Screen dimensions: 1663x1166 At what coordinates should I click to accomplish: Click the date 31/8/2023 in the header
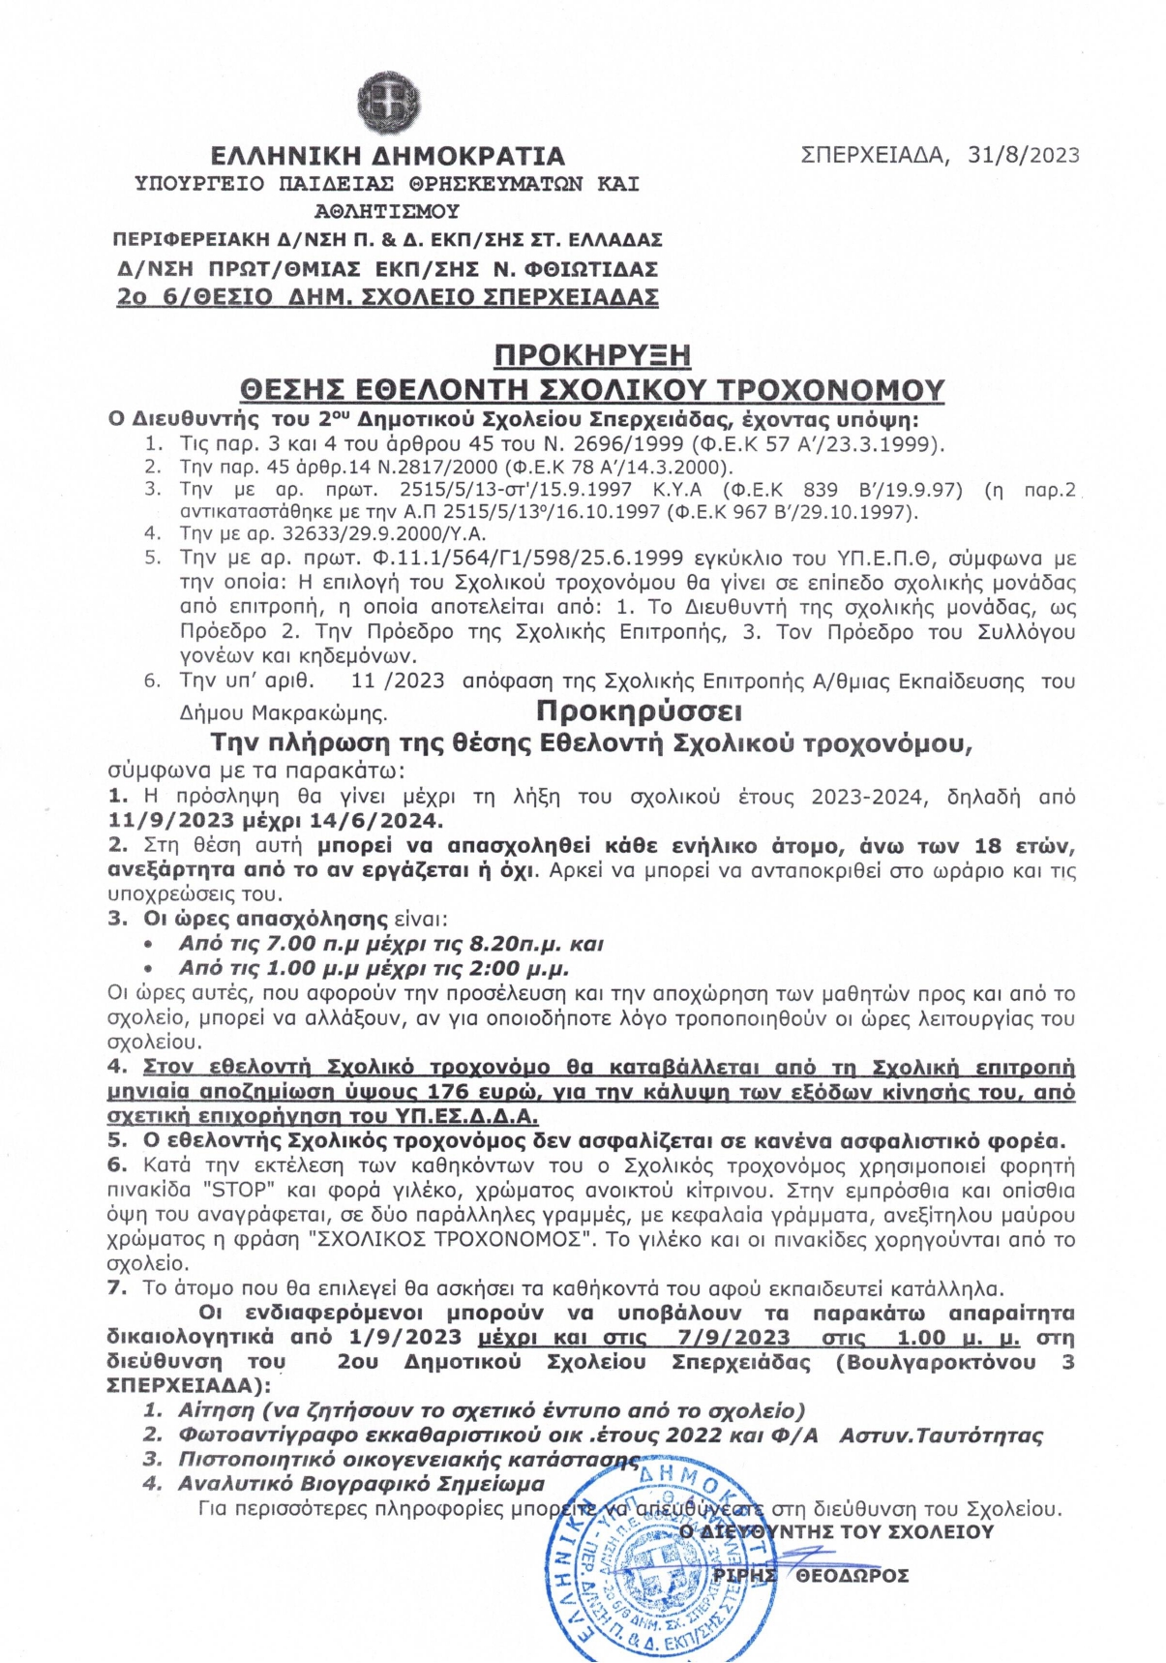click(x=1024, y=155)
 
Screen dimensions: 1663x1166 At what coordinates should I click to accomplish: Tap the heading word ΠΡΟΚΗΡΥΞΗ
click(x=592, y=355)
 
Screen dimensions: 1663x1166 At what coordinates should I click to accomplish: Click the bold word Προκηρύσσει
click(x=639, y=711)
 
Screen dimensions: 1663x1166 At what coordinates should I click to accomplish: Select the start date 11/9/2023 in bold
click(x=171, y=821)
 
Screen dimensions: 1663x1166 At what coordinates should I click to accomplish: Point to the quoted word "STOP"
click(x=236, y=1191)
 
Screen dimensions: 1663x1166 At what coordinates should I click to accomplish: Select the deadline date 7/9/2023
click(x=733, y=1338)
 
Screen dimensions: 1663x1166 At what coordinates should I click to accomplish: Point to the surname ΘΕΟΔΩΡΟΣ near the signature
click(x=852, y=1576)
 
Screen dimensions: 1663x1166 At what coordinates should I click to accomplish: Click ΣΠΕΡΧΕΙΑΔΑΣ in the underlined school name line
click(x=571, y=297)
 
